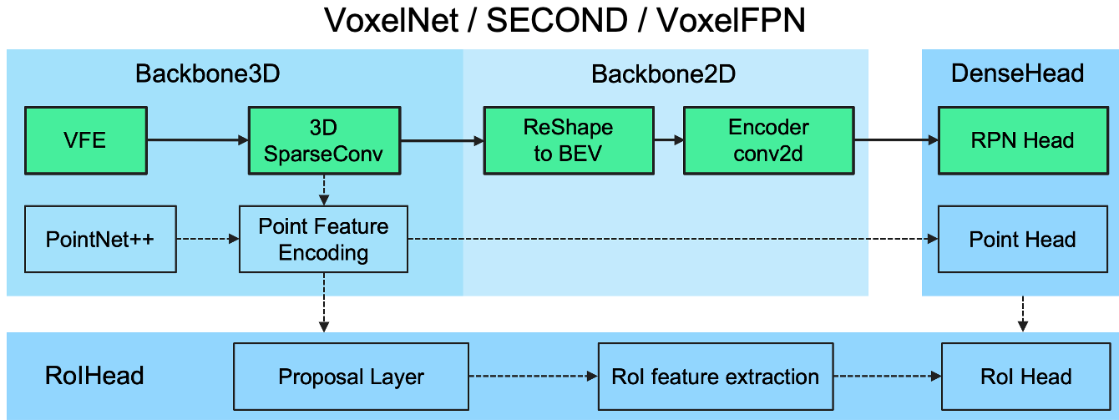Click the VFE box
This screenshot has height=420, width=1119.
[86, 140]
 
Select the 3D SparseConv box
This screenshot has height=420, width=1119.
[323, 140]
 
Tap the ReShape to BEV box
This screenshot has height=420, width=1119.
[568, 140]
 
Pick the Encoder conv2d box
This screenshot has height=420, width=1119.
[768, 140]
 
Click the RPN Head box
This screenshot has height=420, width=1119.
[1022, 140]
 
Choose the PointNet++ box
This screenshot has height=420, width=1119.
[101, 239]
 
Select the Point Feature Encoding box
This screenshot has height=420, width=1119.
[323, 239]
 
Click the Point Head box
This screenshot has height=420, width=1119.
[1022, 240]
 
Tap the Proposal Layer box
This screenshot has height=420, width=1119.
[351, 377]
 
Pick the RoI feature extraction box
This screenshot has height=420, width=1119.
[715, 377]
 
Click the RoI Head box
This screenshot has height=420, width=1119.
[1025, 377]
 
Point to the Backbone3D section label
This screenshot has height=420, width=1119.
[207, 74]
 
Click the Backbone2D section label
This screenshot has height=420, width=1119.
[663, 74]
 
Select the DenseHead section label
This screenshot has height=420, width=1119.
[1017, 73]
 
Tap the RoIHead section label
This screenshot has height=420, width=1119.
[94, 376]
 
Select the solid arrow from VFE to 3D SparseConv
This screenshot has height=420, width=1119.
[197, 140]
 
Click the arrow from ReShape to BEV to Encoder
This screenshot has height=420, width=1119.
[667, 140]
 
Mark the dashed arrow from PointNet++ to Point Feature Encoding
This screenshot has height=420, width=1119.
[207, 239]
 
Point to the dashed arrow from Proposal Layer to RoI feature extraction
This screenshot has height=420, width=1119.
[533, 377]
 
